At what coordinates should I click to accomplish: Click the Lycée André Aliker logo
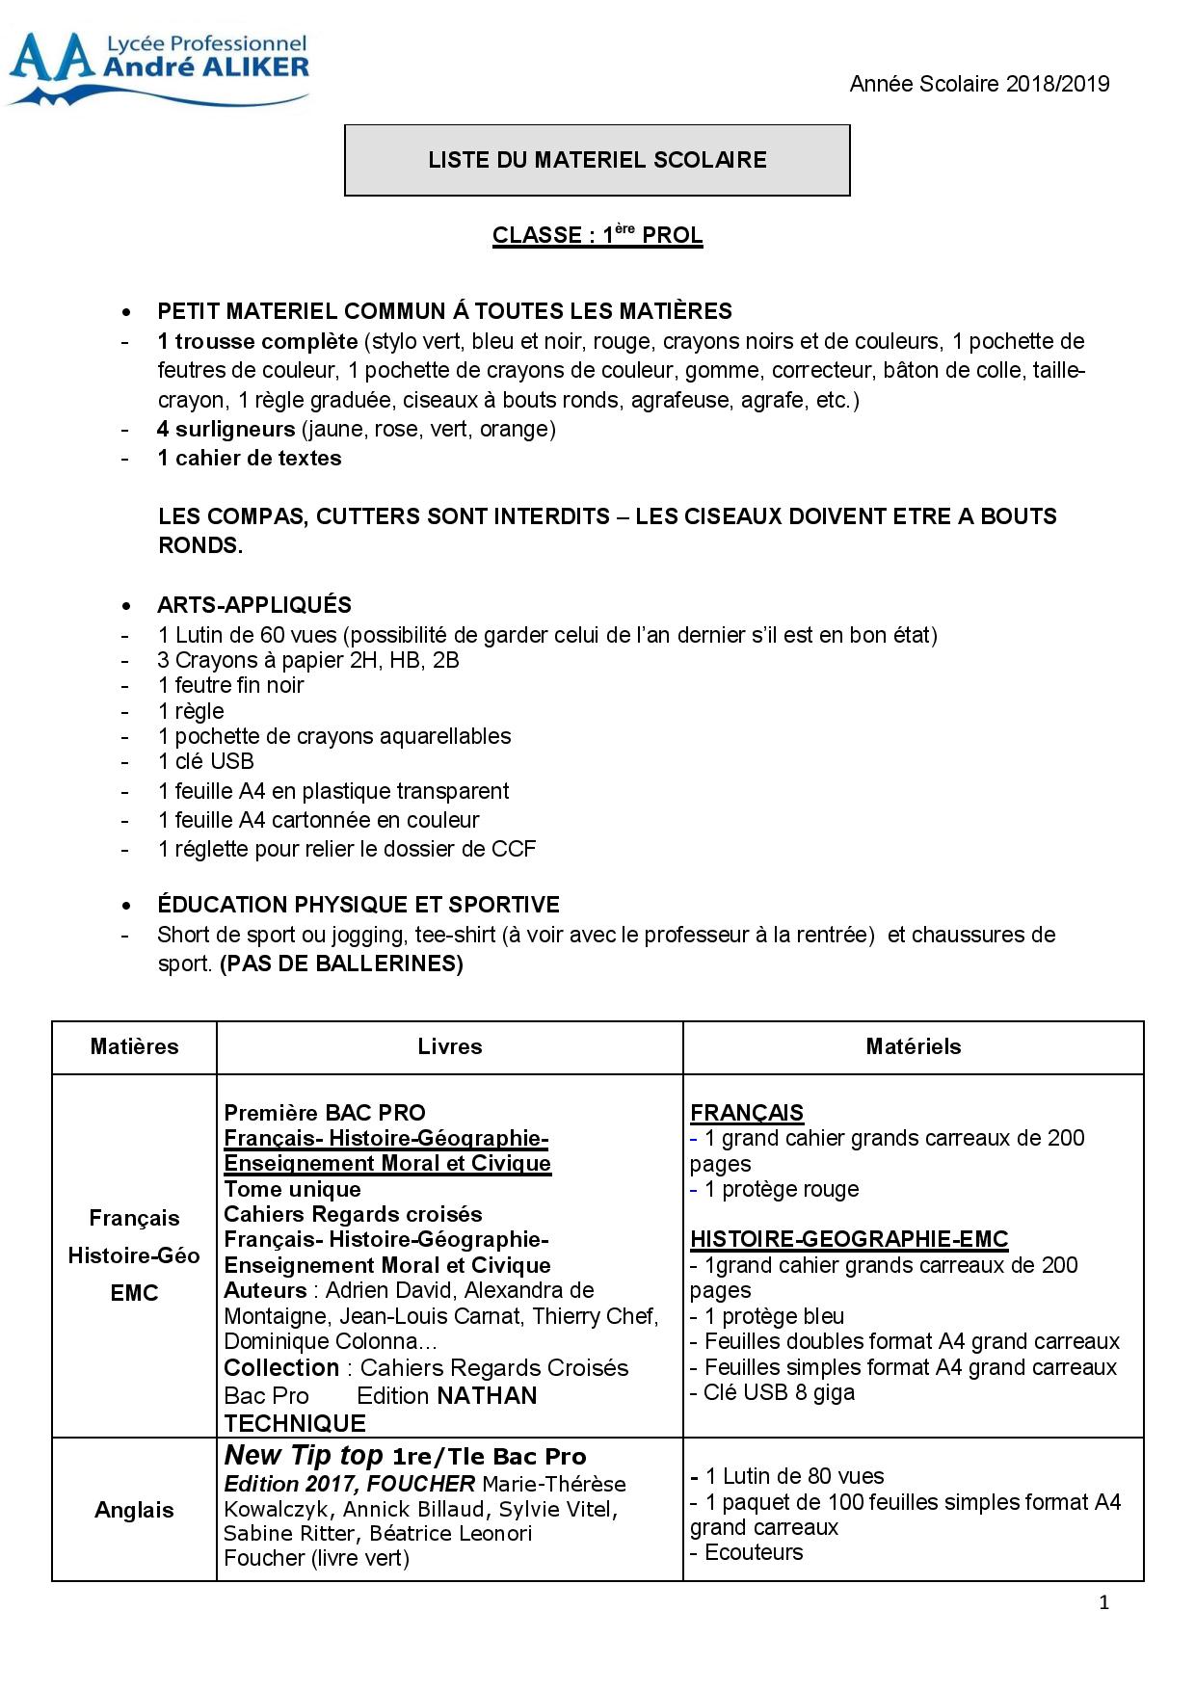tap(159, 67)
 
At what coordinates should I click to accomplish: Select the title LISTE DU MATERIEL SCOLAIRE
tap(597, 160)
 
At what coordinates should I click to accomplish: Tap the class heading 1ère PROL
tap(597, 235)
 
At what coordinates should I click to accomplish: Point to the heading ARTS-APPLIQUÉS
tap(254, 605)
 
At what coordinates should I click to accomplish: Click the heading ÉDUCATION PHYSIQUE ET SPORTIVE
tap(358, 905)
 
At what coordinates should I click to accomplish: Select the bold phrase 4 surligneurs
tap(226, 429)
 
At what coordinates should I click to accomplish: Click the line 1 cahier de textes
tap(250, 458)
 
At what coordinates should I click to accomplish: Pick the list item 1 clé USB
tap(205, 761)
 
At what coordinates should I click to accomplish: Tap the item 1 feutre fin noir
tap(230, 685)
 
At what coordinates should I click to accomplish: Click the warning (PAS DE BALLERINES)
tap(341, 964)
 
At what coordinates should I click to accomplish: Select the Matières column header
tap(134, 1046)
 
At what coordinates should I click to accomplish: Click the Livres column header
tap(450, 1046)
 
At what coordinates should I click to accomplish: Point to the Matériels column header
tap(914, 1046)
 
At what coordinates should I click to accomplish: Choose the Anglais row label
tap(134, 1510)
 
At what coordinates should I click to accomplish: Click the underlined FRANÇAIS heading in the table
tap(747, 1113)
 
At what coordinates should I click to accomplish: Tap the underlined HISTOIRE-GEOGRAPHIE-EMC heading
tap(849, 1239)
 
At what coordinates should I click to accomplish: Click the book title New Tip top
tap(304, 1455)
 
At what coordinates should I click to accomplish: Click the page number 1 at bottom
tap(1104, 1603)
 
